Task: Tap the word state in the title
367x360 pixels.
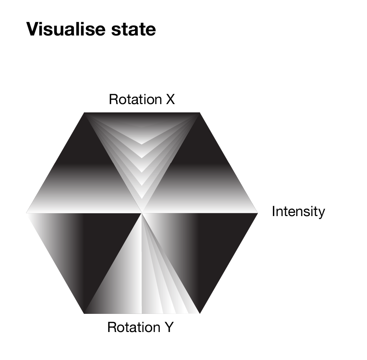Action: [133, 30]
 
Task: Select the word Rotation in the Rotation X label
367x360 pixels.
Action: [135, 99]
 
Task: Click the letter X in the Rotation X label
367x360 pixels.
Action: [171, 99]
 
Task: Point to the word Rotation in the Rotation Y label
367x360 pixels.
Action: [134, 327]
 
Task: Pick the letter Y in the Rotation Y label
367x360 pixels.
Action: [169, 327]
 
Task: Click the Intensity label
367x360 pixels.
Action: [298, 211]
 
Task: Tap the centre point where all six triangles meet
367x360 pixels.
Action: [142, 213]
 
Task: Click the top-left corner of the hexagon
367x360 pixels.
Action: [84, 113]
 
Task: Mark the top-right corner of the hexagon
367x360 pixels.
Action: [200, 113]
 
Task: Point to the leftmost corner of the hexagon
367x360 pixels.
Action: [26, 213]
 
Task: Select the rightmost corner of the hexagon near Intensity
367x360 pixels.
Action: [258, 213]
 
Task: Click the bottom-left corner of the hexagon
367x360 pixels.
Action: [84, 313]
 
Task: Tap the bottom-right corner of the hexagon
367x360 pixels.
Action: [200, 313]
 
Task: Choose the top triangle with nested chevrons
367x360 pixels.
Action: [142, 146]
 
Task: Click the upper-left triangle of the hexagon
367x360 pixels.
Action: [84, 179]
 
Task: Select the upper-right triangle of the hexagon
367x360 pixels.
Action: [200, 179]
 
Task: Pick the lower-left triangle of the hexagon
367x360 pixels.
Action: [84, 246]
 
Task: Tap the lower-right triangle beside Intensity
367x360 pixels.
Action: [200, 246]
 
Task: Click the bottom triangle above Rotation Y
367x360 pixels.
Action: [142, 280]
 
